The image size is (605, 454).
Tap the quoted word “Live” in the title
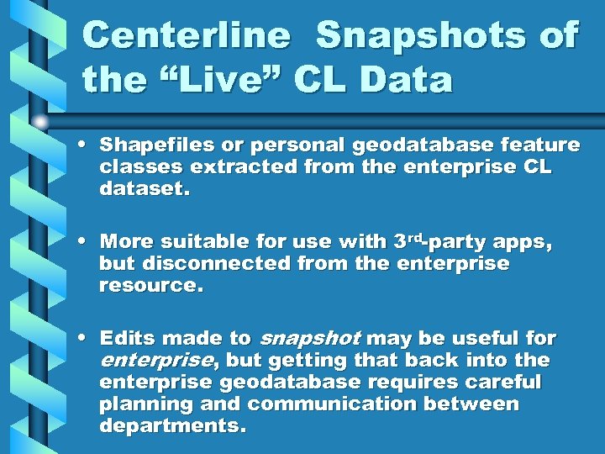point(220,80)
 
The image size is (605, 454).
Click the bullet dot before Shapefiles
point(87,145)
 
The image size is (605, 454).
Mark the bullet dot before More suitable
point(87,242)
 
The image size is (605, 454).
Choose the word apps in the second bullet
point(521,242)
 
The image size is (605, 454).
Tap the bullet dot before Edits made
point(87,339)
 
